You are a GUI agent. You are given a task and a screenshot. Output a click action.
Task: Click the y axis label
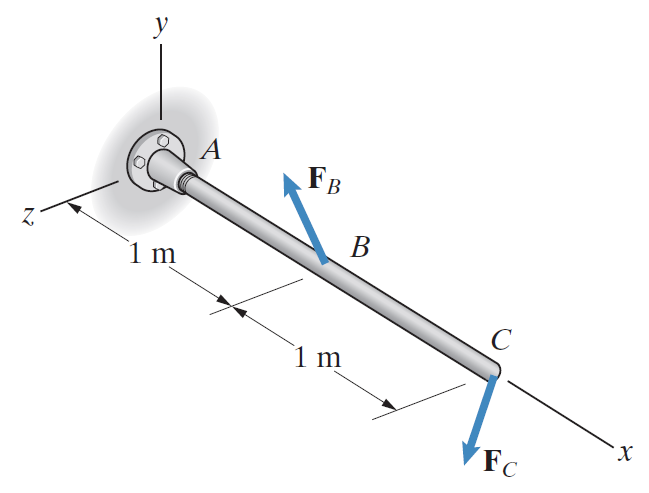coord(161,26)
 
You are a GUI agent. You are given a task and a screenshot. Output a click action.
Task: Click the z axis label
coord(28,216)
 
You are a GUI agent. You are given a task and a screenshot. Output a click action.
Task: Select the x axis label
coord(625,452)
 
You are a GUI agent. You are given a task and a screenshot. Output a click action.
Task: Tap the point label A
coord(212,149)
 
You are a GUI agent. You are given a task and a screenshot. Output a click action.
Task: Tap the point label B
coord(360,247)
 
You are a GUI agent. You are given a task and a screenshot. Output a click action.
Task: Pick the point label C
coord(501,340)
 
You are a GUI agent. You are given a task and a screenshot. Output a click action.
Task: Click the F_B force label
coord(324,180)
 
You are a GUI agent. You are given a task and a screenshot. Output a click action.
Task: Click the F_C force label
coord(500,463)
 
